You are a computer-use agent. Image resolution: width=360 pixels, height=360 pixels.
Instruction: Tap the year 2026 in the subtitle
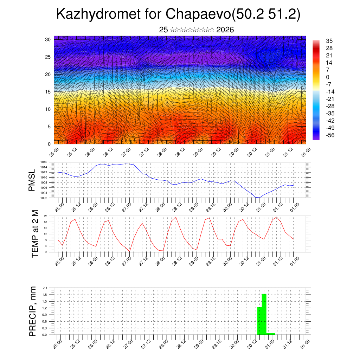click(225, 30)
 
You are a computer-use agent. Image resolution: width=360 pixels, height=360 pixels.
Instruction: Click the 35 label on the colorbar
click(329, 41)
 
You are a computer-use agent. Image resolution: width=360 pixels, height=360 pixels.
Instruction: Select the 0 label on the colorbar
click(328, 77)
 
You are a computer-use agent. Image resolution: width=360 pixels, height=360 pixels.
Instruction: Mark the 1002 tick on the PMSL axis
click(44, 198)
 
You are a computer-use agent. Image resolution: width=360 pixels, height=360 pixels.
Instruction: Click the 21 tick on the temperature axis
click(46, 216)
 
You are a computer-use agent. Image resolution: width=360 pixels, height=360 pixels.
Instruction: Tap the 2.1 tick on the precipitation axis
click(45, 288)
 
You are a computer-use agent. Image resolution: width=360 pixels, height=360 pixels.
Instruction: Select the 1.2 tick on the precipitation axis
click(45, 308)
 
